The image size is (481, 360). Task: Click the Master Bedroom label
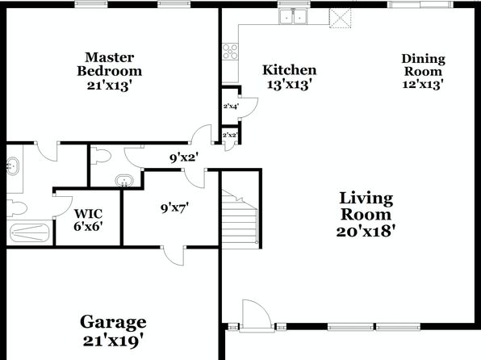[x=110, y=71]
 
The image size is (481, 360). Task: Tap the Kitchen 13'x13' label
[x=289, y=77]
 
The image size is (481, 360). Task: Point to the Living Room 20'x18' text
[x=366, y=215]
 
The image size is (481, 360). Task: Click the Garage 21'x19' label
[x=113, y=331]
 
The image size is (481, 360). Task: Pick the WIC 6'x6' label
[x=88, y=220]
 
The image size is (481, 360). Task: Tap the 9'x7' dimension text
[x=174, y=208]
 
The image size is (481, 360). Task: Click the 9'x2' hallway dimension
[x=184, y=157]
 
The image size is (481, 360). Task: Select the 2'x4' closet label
[x=231, y=107]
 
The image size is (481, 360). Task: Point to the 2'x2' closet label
[x=230, y=135]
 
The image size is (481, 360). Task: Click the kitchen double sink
[x=292, y=16]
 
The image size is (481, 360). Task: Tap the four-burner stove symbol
[x=230, y=51]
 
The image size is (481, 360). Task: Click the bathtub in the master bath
[x=29, y=233]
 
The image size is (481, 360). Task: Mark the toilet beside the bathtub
[x=17, y=207]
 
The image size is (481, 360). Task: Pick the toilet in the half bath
[x=101, y=155]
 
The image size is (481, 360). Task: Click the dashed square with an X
[x=340, y=18]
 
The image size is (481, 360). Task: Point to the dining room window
[x=420, y=4]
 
